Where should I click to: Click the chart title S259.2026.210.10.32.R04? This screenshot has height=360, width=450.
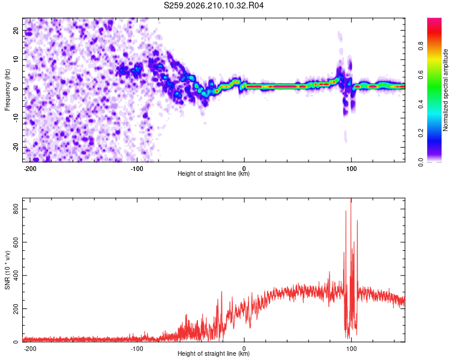214,5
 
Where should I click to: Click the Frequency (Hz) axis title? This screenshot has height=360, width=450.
7,90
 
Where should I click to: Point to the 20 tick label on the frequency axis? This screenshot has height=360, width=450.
16,30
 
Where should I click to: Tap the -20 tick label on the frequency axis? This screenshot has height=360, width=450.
16,147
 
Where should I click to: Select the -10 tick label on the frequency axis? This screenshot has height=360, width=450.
16,118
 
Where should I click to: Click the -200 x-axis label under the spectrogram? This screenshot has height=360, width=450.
29,169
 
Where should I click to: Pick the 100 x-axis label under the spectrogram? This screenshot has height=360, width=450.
351,169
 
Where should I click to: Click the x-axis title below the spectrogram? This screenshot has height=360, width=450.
214,173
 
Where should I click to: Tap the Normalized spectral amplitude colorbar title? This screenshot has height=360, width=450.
445,90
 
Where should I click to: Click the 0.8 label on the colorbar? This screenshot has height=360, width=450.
421,46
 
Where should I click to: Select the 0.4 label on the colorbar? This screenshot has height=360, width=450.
421,104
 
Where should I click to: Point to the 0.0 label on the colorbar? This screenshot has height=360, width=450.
421,163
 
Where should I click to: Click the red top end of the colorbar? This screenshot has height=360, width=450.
434,20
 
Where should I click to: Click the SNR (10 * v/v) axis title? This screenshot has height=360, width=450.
7,270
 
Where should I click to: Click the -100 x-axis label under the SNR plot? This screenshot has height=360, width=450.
137,349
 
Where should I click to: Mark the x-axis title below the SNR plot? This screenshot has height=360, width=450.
214,353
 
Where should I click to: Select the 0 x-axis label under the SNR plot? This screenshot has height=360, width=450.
244,349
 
